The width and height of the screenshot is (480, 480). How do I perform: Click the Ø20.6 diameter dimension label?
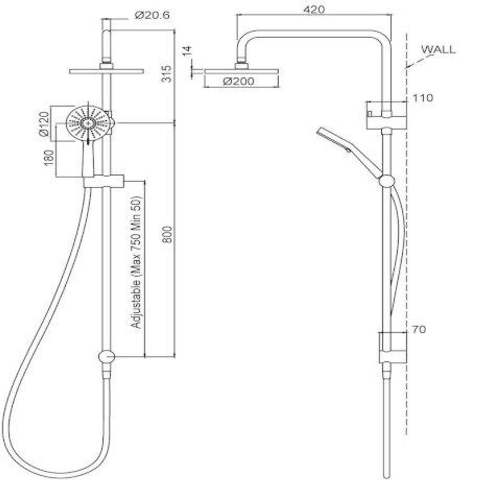point(152,16)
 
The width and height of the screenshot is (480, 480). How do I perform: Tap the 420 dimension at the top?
point(315,9)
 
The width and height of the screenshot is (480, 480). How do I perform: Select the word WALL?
point(438,49)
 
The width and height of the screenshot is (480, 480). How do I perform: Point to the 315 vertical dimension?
point(165,73)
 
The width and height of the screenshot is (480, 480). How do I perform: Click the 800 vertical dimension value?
point(167,234)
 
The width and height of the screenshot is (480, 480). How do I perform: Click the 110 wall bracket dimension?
point(422,98)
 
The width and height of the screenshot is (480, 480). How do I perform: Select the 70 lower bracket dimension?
point(419,329)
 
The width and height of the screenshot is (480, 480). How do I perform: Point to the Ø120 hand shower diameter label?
point(44,124)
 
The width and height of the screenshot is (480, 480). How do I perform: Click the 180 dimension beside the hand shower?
point(49,157)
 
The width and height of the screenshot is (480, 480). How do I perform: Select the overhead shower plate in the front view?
point(106,71)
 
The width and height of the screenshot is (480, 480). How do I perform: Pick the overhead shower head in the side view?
point(241,71)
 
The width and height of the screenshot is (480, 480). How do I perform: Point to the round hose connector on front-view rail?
point(106,356)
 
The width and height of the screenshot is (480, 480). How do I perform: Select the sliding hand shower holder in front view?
point(104,181)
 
